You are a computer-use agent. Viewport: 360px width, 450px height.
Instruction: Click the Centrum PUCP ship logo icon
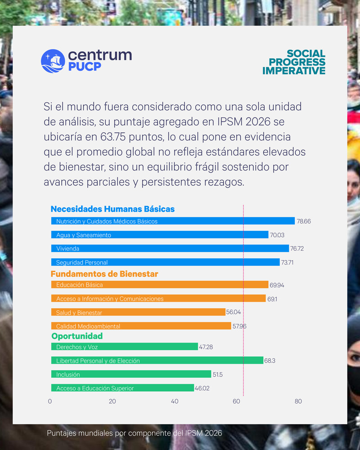53,61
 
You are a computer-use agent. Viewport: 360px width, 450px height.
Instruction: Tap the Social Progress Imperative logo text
294,63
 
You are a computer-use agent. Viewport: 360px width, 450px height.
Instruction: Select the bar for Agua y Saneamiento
159,235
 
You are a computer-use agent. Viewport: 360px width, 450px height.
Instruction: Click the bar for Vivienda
170,248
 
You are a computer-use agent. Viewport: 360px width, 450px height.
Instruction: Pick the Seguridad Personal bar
165,262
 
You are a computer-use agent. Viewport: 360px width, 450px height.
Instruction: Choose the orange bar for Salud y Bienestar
138,312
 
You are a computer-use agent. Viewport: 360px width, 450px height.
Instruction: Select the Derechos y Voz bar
124,347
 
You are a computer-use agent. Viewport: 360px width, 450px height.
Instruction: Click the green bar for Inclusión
130,374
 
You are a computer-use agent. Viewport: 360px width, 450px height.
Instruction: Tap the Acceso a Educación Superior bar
122,388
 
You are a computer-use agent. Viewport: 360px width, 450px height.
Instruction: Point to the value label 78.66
304,221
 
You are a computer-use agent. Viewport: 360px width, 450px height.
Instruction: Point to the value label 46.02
203,388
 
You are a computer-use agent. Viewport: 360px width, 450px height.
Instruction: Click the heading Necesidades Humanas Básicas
112,209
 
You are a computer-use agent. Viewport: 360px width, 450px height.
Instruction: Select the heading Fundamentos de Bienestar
104,274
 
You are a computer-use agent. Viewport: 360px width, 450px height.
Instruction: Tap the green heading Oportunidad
77,336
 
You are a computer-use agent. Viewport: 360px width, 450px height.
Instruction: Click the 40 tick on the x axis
175,401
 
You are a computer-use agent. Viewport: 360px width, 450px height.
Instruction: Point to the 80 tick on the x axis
298,401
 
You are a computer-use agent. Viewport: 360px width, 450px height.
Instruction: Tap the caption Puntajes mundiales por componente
135,433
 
